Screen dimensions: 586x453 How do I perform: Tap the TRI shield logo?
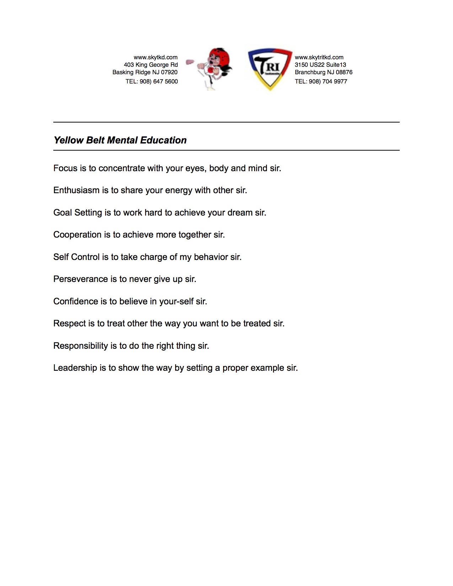pos(270,68)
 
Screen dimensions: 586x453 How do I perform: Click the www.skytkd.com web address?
pos(156,57)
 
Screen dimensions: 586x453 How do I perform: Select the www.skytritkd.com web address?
pos(319,57)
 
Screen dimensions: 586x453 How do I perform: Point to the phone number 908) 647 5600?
pos(158,81)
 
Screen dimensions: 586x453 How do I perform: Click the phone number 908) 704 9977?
pos(328,81)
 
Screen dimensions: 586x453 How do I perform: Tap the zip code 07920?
pos(169,72)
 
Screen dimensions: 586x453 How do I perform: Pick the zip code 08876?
pos(344,72)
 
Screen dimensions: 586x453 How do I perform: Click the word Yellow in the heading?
pos(69,140)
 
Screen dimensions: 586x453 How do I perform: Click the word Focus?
pos(65,168)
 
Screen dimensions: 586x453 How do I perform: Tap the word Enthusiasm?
pos(76,190)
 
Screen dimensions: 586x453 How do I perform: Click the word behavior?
pos(211,257)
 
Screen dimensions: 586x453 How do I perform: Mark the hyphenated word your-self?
pos(176,302)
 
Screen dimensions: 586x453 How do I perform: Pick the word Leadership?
pos(75,368)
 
